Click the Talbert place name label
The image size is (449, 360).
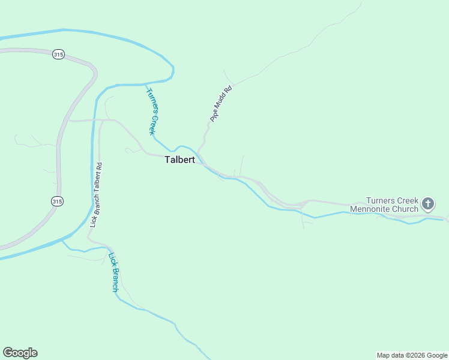tap(179, 161)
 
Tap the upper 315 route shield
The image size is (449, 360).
tap(58, 55)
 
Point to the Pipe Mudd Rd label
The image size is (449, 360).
tap(220, 104)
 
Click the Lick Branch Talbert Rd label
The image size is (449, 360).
tap(96, 195)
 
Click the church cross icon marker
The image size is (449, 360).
tap(428, 204)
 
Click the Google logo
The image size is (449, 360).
tap(20, 353)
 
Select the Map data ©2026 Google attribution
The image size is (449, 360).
tap(412, 355)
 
